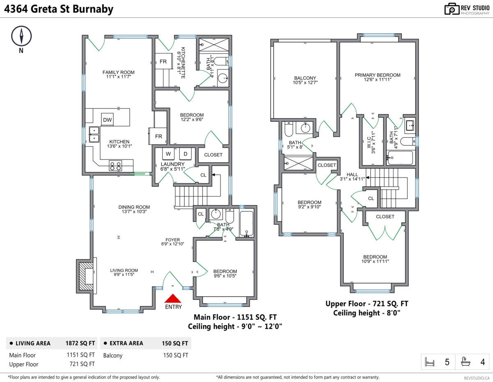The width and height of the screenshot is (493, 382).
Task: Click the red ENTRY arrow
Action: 173,298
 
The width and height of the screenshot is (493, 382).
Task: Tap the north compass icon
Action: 21,36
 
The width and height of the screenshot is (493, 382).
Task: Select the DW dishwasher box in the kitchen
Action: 107,120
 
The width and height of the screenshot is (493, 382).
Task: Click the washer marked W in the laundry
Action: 168,154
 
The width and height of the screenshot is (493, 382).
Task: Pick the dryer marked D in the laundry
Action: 185,154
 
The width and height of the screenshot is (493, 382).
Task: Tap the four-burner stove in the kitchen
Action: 115,166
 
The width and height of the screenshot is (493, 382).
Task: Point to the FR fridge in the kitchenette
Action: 163,62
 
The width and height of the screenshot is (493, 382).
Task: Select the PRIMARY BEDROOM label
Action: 377,75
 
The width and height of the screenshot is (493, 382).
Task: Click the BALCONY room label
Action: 305,78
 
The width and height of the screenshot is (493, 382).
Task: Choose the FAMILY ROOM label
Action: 118,72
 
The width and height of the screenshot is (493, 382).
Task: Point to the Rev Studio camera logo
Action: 452,9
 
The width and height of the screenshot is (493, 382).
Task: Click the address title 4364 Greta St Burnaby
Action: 58,9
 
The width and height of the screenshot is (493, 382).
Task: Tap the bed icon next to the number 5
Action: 429,362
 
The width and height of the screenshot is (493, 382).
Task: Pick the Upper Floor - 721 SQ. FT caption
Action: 366,304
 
